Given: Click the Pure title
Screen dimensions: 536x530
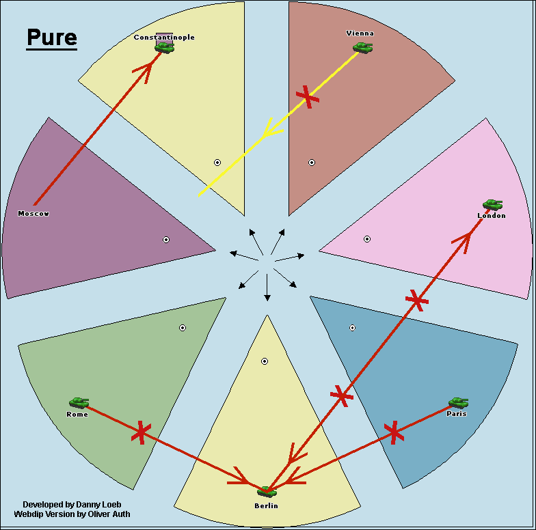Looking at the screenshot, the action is [x=52, y=38].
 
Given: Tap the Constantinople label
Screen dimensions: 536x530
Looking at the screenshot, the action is [x=164, y=37].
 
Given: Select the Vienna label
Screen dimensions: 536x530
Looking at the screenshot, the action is [x=360, y=33].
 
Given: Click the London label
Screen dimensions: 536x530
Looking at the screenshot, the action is [x=492, y=216].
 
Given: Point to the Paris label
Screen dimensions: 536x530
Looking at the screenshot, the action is [x=456, y=414].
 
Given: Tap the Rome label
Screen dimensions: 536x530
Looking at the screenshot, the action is [x=77, y=415].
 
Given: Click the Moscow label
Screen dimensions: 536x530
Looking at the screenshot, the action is [x=33, y=214].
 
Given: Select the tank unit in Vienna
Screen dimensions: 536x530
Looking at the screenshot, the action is [x=362, y=47].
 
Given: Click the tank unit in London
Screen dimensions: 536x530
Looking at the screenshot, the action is [x=492, y=204].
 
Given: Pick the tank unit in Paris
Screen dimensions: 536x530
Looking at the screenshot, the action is [x=458, y=403].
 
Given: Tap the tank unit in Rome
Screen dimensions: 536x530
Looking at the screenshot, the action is [x=79, y=403].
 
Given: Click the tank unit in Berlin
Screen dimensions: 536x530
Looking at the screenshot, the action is [x=266, y=492].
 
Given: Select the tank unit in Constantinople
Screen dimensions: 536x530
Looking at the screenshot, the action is [x=164, y=47].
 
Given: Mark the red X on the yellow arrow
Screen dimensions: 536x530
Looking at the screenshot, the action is [x=308, y=97].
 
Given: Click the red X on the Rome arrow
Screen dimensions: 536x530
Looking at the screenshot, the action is [x=141, y=432].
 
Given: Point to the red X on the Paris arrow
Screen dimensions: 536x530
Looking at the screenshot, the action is [x=393, y=432].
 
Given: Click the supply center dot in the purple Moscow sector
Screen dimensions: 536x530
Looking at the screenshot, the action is [x=166, y=240].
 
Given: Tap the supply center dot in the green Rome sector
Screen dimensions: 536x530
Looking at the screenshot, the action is [x=183, y=328].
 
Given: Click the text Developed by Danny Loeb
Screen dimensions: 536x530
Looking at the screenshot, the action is [x=63, y=504].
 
